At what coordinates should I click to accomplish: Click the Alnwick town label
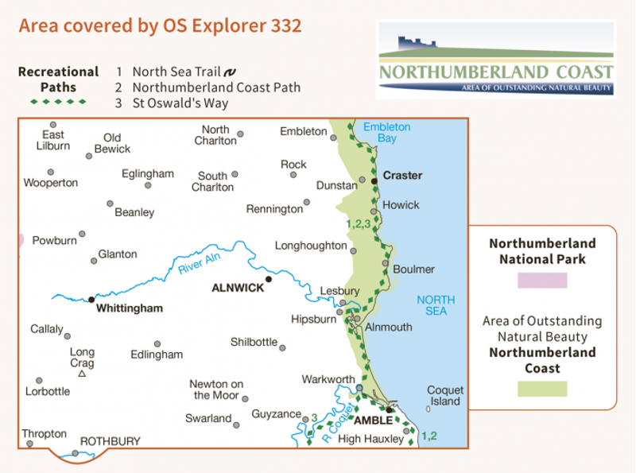pos(238,289)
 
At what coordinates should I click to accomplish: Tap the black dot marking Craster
pos(374,181)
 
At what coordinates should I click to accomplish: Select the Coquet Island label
pos(444,396)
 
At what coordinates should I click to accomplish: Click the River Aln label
pos(200,260)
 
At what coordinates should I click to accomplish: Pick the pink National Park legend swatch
pos(541,280)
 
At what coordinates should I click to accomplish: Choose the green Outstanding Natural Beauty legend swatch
pos(541,389)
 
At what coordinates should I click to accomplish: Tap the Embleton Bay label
pos(386,132)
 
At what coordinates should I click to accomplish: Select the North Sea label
pos(436,305)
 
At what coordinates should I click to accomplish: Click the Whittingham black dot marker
pos(91,300)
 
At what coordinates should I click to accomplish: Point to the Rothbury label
pos(110,441)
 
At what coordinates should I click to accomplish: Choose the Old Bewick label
pos(112,143)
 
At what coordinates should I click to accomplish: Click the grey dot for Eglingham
pos(148,185)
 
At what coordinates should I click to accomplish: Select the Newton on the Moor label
pos(216,390)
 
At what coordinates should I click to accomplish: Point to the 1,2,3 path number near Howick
pos(359,224)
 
